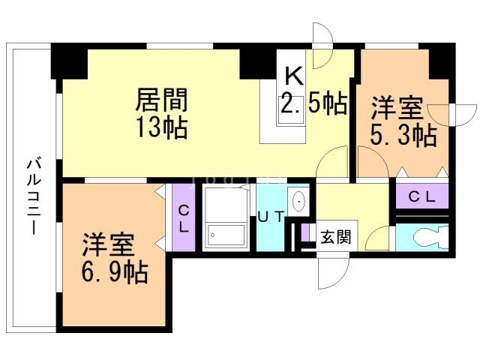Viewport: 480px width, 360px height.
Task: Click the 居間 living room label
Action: (160, 100)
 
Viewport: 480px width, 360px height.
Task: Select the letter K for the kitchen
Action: (293, 76)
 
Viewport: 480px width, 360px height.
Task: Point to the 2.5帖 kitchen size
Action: (313, 103)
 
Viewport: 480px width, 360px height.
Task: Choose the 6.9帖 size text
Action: (115, 270)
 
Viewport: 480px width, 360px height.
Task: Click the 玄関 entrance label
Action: (335, 238)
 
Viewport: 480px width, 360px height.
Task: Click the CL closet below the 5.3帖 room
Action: (421, 196)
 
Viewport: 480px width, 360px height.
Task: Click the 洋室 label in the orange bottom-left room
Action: (109, 244)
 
